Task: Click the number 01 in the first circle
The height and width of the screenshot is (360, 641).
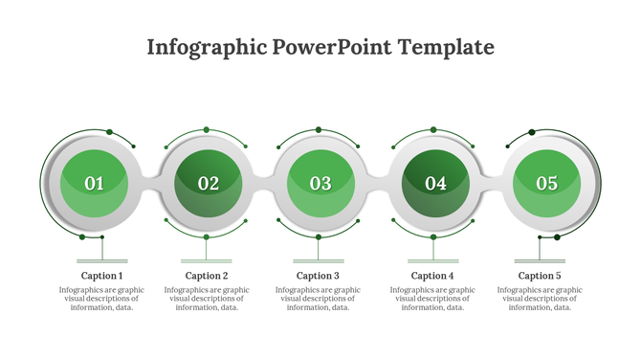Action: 95,183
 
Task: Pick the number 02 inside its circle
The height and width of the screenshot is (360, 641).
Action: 208,183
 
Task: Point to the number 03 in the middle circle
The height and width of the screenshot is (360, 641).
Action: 320,183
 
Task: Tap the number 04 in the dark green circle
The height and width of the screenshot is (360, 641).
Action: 435,183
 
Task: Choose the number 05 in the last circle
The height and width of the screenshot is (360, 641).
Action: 546,183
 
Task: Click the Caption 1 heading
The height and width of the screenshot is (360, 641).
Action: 102,276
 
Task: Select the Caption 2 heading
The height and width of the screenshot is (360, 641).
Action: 207,276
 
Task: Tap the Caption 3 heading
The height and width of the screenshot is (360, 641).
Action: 319,276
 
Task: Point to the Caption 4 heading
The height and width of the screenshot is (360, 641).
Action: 432,276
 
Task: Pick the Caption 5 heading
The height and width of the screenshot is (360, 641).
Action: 540,276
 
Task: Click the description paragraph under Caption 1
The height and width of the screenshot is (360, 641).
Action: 101,299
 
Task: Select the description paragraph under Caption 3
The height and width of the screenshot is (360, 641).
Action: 319,299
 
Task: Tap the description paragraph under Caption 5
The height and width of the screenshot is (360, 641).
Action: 540,299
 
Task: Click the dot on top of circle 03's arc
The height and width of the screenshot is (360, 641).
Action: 320,129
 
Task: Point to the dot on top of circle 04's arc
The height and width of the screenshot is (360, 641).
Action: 433,129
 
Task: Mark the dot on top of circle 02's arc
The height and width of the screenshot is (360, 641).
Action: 207,129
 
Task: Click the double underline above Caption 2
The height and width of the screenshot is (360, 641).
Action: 207,260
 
